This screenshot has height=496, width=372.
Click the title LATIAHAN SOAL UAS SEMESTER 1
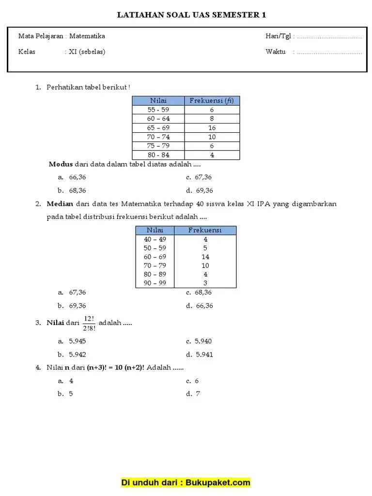pos(192,15)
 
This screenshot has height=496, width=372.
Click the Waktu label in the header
pos(275,52)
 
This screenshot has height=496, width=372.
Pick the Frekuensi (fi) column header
pos(212,100)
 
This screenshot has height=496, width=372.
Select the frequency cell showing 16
pos(212,128)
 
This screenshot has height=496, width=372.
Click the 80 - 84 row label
pos(158,155)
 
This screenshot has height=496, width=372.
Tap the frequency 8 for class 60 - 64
pos(212,119)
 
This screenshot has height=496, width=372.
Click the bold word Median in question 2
pos(59,204)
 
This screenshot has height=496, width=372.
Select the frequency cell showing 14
pos(205,257)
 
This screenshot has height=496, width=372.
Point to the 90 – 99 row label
pos(155,283)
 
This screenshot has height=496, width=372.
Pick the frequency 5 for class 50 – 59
pos(205,248)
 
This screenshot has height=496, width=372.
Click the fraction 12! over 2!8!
pos(89,323)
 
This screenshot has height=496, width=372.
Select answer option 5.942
pos(77,355)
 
